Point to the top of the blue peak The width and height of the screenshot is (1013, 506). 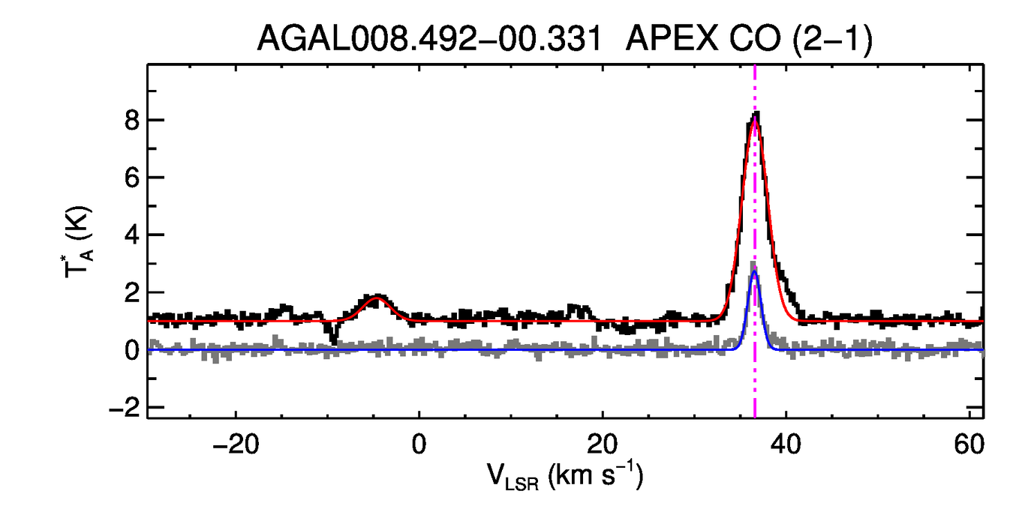coord(755,273)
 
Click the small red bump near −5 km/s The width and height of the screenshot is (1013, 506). coord(377,298)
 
